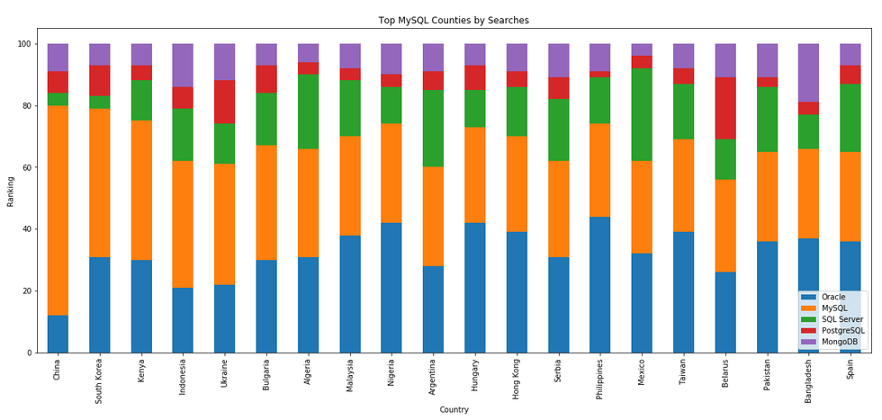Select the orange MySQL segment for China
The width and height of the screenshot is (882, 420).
(58, 210)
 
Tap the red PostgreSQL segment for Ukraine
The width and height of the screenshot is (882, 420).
(225, 102)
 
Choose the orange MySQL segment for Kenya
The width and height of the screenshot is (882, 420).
(141, 191)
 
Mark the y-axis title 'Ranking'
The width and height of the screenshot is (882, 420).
(11, 192)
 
